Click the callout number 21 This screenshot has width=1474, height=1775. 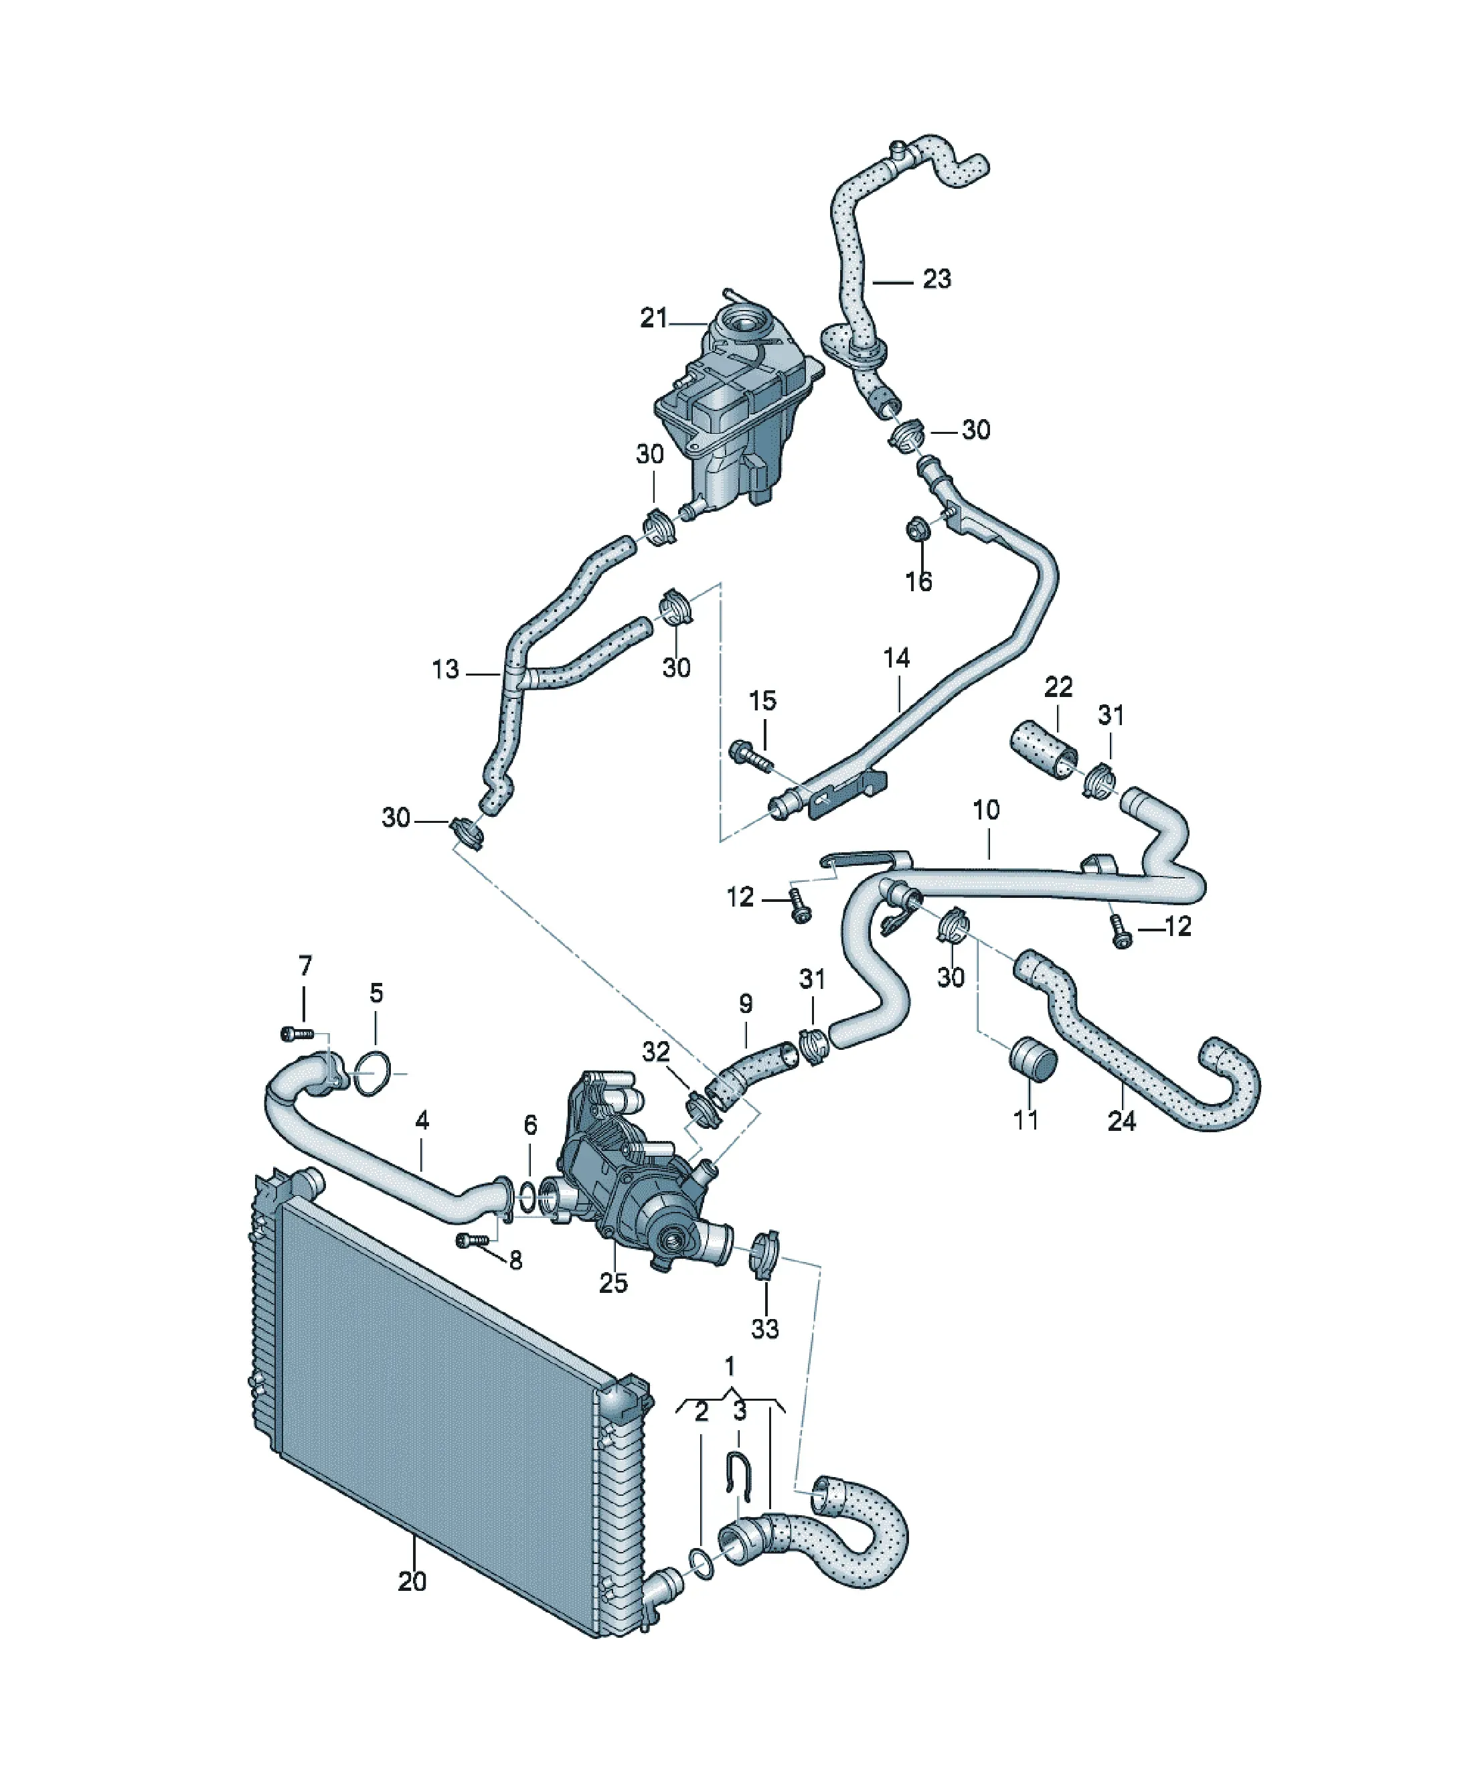click(653, 319)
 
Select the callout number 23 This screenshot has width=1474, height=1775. click(936, 279)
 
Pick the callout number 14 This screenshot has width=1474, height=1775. click(897, 658)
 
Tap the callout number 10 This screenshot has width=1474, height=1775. click(985, 809)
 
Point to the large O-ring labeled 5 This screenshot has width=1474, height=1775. click(372, 1073)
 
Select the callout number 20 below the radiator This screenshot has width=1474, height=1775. click(412, 1581)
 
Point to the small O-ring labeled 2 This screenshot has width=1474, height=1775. click(702, 1563)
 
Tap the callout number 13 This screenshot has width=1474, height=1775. click(445, 670)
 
